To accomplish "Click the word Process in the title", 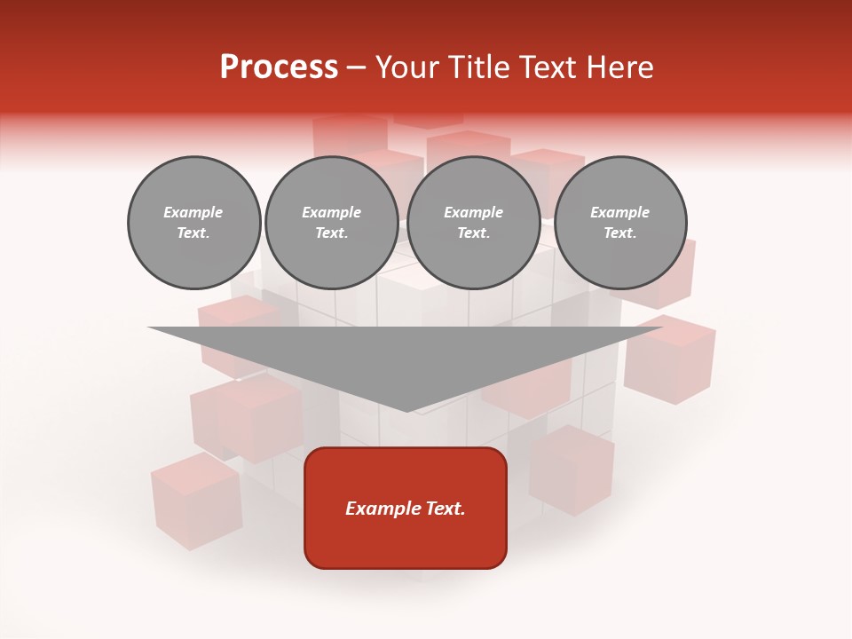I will pos(279,67).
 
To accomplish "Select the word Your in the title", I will pos(406,67).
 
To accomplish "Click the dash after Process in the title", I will pos(356,68).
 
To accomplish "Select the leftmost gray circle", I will pos(194,223).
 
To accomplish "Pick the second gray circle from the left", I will pos(332,223).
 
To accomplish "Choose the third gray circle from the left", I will pos(474,223).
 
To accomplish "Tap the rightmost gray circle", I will pos(620,223).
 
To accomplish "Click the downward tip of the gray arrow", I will pos(407,409).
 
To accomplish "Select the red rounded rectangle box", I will pos(406,508).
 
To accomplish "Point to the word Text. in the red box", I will pos(444,509).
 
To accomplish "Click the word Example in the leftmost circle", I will pos(193,212).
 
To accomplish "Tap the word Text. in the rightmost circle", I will pos(620,233).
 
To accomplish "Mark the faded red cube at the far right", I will pos(669,359).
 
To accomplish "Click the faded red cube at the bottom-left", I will pos(196,501).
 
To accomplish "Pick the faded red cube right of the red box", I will pos(572,470).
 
